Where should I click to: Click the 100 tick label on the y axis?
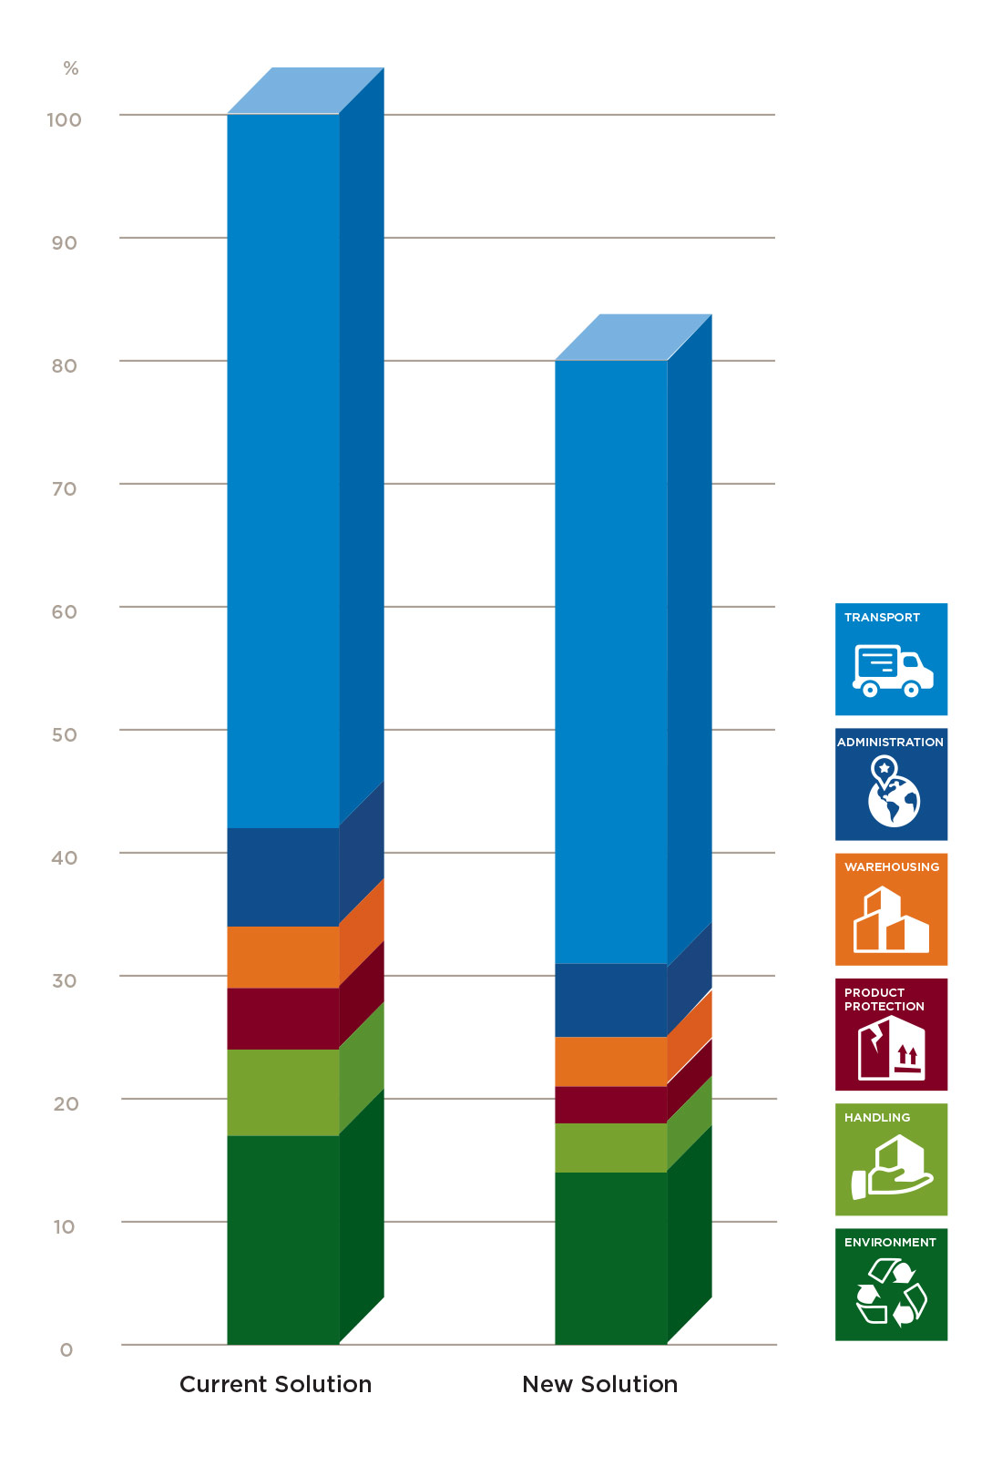64,119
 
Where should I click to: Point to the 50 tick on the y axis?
64,734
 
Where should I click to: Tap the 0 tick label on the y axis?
66,1349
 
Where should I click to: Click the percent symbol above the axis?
70,68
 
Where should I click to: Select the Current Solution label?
275,1384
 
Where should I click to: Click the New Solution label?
599,1384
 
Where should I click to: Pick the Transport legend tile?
891,659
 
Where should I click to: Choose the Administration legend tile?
891,784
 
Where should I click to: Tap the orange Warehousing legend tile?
891,908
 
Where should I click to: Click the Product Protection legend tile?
891,1034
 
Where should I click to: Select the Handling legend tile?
891,1159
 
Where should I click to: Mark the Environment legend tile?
891,1284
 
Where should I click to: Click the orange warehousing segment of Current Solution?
282,957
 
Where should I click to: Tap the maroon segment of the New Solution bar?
610,1104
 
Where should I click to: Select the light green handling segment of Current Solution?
282,1092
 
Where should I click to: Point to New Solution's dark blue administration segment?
610,999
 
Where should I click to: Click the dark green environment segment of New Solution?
610,1257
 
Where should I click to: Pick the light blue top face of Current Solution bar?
305,90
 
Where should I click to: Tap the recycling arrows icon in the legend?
891,1292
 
